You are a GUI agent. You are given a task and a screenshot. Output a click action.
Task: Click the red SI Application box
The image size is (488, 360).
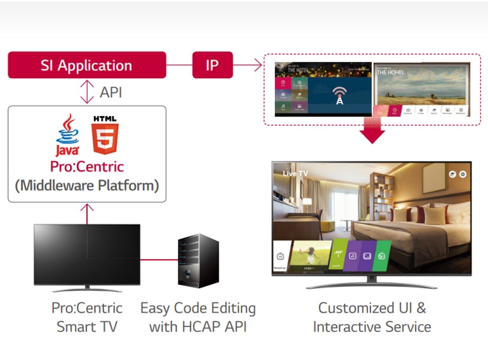86,65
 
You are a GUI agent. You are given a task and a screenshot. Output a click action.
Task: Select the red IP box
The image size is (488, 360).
212,65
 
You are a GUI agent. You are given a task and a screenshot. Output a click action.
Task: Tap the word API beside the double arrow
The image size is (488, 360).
111,92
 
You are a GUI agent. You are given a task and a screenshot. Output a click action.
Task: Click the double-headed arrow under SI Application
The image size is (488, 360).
87,92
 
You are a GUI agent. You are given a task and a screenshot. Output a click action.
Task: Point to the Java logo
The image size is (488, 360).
67,135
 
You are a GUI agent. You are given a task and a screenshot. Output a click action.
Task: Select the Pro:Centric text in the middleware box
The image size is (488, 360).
87,167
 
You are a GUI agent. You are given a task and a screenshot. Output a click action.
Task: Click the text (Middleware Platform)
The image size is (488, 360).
87,186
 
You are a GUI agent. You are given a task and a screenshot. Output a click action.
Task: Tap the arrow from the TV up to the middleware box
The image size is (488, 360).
87,213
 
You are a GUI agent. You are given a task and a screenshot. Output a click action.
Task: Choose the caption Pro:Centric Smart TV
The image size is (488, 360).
86,317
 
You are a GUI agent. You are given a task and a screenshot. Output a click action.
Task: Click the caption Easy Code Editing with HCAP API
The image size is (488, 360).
198,317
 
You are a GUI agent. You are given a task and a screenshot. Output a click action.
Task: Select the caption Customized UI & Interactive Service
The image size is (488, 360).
372,317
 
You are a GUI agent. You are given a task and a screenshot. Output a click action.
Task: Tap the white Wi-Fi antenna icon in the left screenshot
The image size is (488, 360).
339,95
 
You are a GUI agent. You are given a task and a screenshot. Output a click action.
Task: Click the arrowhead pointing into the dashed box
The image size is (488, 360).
259,64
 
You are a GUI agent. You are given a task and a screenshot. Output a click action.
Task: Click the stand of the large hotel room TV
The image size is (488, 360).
372,284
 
